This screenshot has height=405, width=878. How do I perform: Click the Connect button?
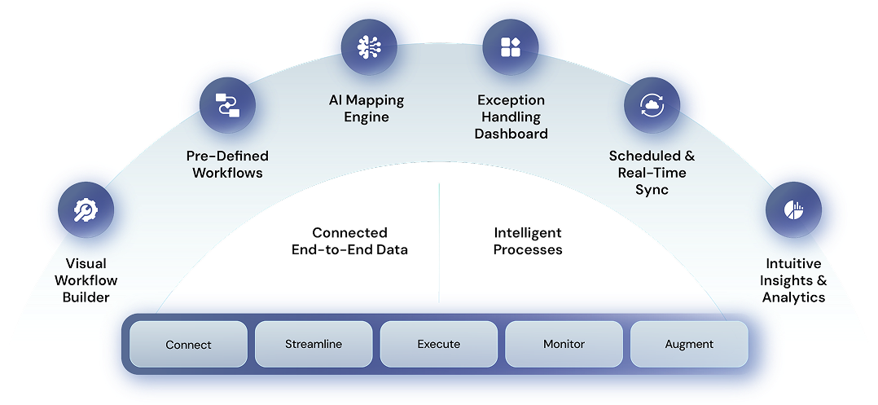[188, 344]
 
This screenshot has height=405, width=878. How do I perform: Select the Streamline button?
[314, 344]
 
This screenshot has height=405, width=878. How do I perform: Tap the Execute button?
[439, 344]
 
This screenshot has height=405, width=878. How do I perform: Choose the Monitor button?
[564, 344]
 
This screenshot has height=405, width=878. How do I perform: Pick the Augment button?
[689, 344]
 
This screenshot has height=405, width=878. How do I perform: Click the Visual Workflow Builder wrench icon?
[86, 211]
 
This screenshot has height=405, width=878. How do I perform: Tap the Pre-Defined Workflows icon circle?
[227, 105]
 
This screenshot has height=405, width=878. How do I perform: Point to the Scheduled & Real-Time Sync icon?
[652, 105]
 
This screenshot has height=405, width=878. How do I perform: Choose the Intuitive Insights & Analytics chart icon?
[793, 210]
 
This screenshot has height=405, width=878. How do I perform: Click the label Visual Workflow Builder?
[90, 280]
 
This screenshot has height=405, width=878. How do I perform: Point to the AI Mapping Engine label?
[366, 108]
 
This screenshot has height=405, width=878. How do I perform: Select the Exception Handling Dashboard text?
[511, 117]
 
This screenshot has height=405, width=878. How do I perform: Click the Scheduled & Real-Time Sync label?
[652, 172]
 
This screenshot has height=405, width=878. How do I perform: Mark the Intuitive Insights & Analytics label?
[793, 280]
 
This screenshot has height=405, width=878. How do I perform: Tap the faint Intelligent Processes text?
[528, 241]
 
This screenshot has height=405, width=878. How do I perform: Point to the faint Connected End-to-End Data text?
[349, 241]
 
